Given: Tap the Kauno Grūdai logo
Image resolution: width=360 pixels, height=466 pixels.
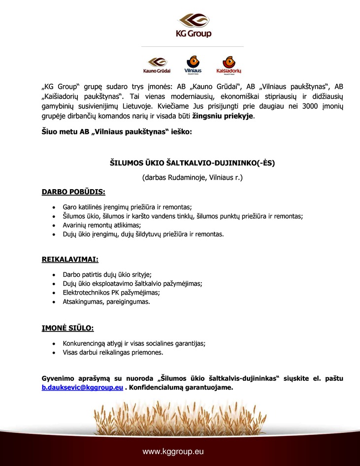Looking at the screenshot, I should click(157, 65).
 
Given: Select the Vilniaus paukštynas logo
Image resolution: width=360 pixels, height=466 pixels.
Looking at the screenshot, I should click(193, 65).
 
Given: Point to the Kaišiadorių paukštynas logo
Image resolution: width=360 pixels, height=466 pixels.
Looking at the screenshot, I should click(229, 65).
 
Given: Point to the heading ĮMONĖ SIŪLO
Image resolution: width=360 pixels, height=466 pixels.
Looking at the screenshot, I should click(67, 328).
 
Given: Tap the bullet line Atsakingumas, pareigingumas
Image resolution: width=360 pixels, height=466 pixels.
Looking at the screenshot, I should click(106, 301).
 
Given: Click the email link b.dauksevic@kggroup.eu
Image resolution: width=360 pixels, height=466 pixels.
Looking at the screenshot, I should click(82, 388).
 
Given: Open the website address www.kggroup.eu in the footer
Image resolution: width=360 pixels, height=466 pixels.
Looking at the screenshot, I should click(173, 451).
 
